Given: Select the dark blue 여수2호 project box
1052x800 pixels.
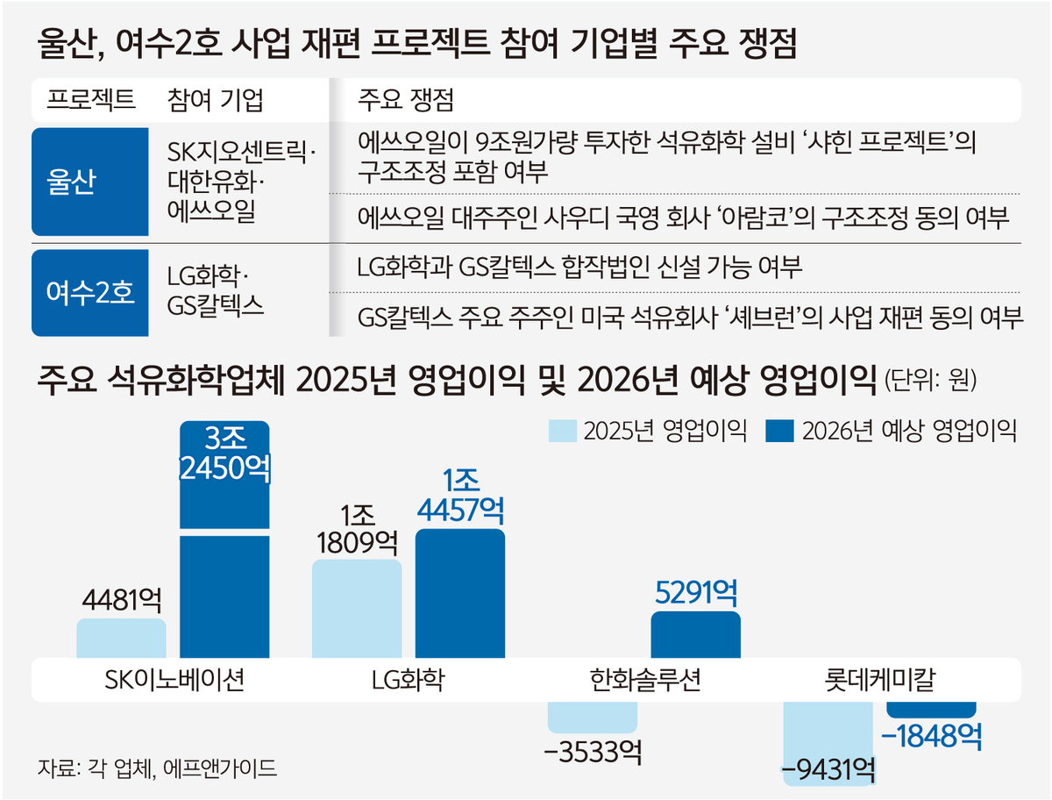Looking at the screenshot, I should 89,292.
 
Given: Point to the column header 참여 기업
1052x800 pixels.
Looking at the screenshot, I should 214,100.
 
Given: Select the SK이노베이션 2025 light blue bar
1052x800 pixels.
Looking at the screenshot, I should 121,639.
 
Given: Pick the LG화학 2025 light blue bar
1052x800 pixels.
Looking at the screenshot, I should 357,609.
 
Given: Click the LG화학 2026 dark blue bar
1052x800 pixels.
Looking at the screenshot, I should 459,594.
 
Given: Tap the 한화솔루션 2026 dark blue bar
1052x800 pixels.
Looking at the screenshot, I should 695,634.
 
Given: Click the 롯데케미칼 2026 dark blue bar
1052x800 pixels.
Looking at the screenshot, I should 931,710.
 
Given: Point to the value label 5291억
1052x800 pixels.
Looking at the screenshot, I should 695,593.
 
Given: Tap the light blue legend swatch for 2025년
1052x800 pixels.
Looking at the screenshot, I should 562,430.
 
